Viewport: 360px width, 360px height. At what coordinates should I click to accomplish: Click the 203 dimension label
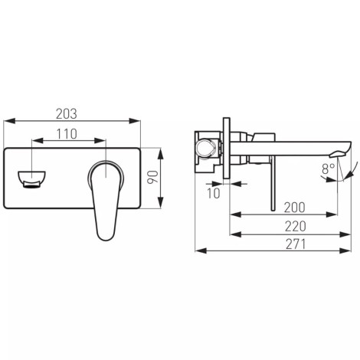[x=67, y=114]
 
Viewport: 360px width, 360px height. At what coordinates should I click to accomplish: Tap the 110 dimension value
[x=67, y=134]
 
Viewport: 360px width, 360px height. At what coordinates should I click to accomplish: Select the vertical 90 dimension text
[x=153, y=177]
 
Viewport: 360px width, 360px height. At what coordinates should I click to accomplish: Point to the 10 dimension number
[x=213, y=194]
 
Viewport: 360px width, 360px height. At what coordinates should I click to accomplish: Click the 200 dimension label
[x=295, y=208]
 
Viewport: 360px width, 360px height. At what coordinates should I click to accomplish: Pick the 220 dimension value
[x=295, y=227]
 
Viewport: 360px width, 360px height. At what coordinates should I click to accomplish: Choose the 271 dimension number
[x=296, y=244]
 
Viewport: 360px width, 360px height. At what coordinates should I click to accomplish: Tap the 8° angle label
[x=328, y=169]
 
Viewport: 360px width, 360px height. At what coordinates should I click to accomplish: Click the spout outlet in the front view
[x=32, y=179]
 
